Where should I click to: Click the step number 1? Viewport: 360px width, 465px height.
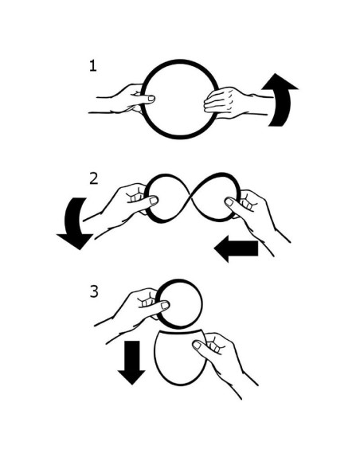[x=93, y=65]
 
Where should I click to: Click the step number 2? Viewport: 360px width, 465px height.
[x=94, y=178]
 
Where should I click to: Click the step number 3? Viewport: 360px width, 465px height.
[x=94, y=291]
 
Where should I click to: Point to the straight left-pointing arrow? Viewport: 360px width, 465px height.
[x=236, y=248]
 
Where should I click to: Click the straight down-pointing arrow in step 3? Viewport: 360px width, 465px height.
[x=131, y=362]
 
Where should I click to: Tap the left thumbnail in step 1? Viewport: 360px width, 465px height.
[x=151, y=99]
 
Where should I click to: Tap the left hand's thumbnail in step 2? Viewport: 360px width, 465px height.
[x=154, y=201]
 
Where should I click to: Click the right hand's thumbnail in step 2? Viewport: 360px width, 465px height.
[x=229, y=202]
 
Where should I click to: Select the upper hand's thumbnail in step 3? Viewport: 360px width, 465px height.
[x=165, y=306]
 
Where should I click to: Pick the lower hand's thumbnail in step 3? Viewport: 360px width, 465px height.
[x=197, y=345]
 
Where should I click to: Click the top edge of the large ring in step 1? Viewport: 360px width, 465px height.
[x=180, y=61]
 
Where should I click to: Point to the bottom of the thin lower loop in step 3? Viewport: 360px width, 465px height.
[x=180, y=384]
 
